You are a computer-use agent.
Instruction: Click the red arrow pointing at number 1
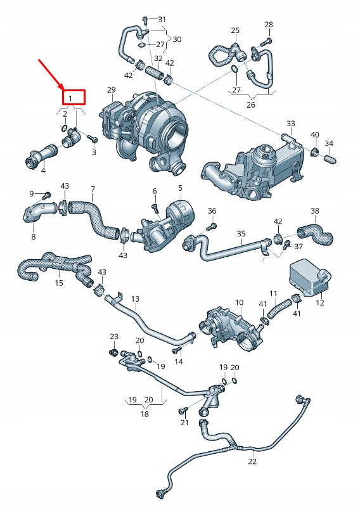(x=51, y=73)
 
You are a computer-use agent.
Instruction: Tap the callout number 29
(x=112, y=90)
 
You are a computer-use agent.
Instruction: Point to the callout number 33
(x=290, y=123)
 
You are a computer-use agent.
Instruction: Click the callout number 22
(x=252, y=461)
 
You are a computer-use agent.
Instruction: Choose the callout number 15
(x=59, y=283)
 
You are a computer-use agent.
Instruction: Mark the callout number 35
(x=241, y=234)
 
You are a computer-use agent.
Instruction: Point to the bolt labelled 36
(x=212, y=226)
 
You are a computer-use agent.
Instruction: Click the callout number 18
(x=145, y=413)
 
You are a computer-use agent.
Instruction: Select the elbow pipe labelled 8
(x=36, y=214)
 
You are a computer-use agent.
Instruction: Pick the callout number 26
(x=250, y=105)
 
